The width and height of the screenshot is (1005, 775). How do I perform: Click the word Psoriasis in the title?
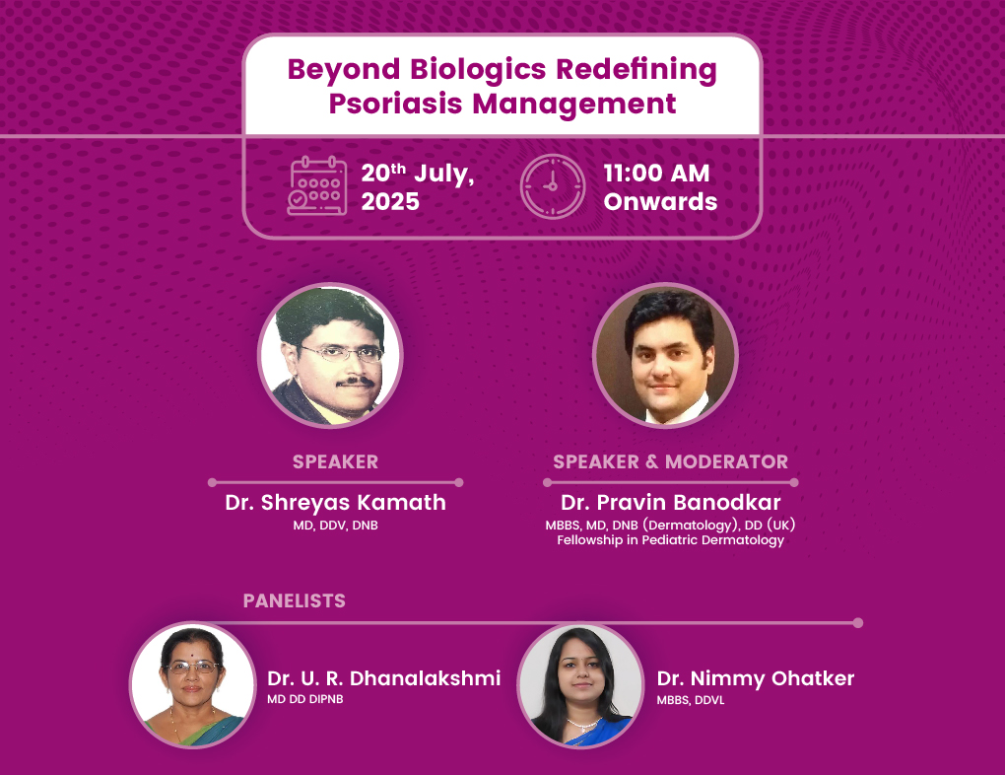(395, 104)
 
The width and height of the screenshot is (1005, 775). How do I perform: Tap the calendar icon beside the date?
(317, 185)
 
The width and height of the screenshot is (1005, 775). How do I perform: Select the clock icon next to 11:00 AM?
(553, 186)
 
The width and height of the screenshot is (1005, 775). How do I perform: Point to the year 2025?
(390, 201)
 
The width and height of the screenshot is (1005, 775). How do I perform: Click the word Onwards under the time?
(661, 201)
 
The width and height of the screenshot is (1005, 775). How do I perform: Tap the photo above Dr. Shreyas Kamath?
(330, 355)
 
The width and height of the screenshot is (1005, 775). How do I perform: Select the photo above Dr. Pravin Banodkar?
(665, 355)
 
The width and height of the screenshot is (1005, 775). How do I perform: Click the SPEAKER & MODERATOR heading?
(670, 461)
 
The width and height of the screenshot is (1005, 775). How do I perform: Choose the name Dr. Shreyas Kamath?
(335, 502)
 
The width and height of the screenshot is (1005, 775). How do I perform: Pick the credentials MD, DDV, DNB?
(335, 525)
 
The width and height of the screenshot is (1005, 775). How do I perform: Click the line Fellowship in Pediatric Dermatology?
(670, 540)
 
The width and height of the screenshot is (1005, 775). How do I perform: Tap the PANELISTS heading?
(295, 600)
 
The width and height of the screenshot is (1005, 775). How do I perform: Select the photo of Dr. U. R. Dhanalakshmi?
(193, 685)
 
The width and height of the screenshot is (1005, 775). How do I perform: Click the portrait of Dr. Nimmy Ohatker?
(580, 685)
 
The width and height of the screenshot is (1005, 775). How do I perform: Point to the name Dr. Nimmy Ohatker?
(756, 678)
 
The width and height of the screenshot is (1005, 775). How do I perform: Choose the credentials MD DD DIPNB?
(305, 699)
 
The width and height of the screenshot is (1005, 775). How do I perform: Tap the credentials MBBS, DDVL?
(691, 700)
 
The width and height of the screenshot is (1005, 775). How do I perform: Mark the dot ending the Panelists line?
(858, 623)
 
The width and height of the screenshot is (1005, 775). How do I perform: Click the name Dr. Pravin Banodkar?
(670, 502)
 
